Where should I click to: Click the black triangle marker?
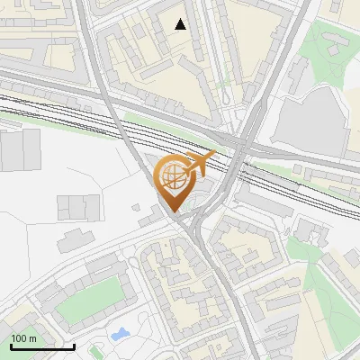[x=181, y=24]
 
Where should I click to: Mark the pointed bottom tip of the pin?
[x=175, y=211]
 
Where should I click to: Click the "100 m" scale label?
[x=24, y=338]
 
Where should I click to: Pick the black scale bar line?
[x=42, y=346]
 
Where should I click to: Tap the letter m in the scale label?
[x=32, y=338]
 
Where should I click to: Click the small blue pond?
[x=119, y=335]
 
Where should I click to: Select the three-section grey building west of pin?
[x=77, y=206]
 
